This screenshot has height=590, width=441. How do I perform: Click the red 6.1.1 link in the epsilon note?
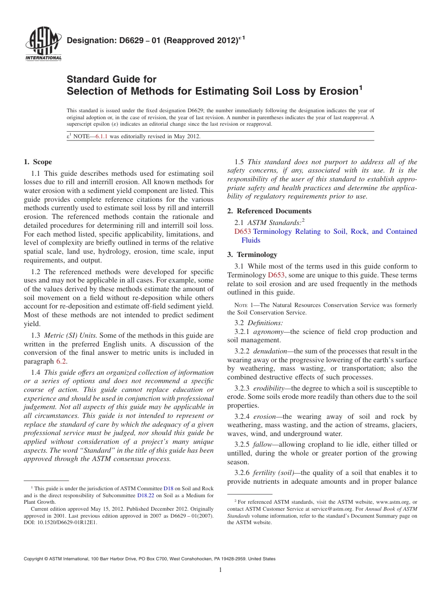[x=101, y=136]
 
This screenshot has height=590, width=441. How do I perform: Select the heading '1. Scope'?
[x=38, y=162]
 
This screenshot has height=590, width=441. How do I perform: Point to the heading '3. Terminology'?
[x=252, y=255]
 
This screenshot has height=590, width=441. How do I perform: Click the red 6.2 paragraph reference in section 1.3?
[x=61, y=361]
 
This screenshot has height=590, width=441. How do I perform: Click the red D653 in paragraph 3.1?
[x=276, y=275]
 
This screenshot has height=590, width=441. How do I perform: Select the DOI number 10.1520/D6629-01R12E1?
[x=68, y=522]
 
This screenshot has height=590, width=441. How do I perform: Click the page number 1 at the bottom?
[x=220, y=570]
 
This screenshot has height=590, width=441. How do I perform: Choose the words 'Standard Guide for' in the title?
[x=111, y=79]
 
